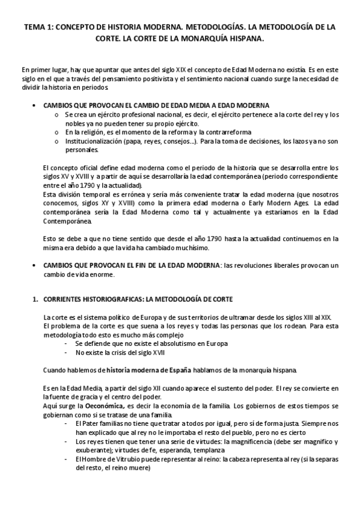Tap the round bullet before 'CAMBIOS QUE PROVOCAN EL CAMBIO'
34,105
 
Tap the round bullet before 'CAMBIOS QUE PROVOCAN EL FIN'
34,265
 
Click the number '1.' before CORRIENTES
35,299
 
